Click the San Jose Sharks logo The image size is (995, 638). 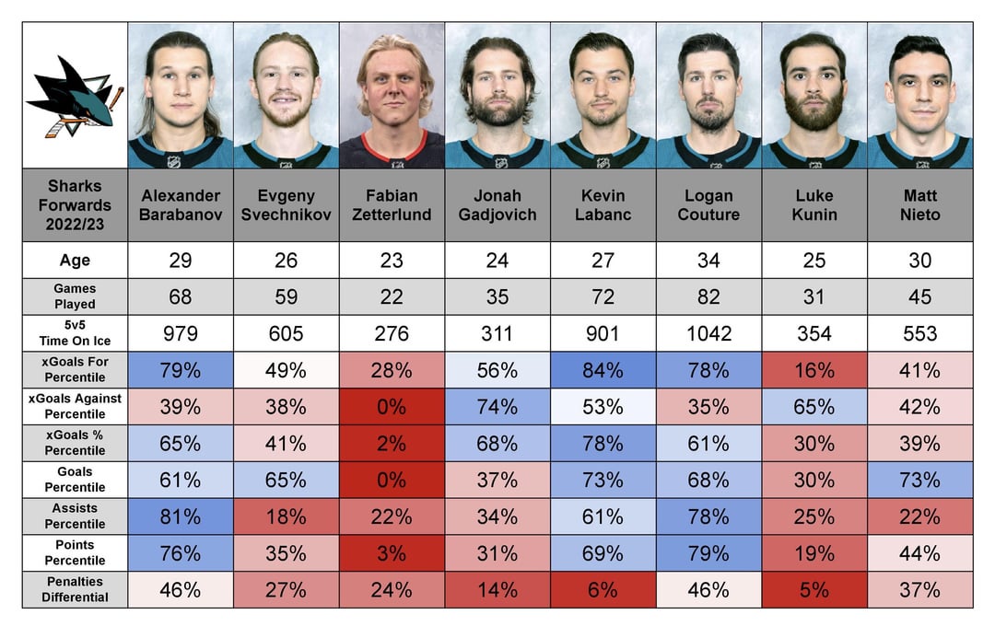75,96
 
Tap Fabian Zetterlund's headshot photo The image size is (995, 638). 392,96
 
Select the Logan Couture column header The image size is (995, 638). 708,205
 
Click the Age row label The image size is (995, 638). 75,261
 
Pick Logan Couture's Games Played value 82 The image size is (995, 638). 708,296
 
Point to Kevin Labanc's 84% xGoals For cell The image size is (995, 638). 603,370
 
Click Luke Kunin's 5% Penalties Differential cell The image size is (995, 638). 814,589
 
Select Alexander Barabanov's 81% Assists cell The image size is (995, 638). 181,516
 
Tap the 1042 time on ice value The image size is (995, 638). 708,333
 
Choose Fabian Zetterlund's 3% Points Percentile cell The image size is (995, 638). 392,553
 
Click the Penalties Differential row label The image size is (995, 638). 75,589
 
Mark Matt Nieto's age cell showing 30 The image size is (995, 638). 919,261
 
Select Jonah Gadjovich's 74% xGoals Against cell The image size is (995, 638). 497,407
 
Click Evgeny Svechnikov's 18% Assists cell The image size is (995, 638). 286,516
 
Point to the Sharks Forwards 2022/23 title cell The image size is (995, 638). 75,205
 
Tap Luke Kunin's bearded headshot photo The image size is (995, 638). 814,96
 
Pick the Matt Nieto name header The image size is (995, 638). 919,205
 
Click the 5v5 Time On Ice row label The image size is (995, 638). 75,333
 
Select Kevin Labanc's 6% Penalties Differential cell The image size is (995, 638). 603,589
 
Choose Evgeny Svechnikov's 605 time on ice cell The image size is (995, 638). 286,333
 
